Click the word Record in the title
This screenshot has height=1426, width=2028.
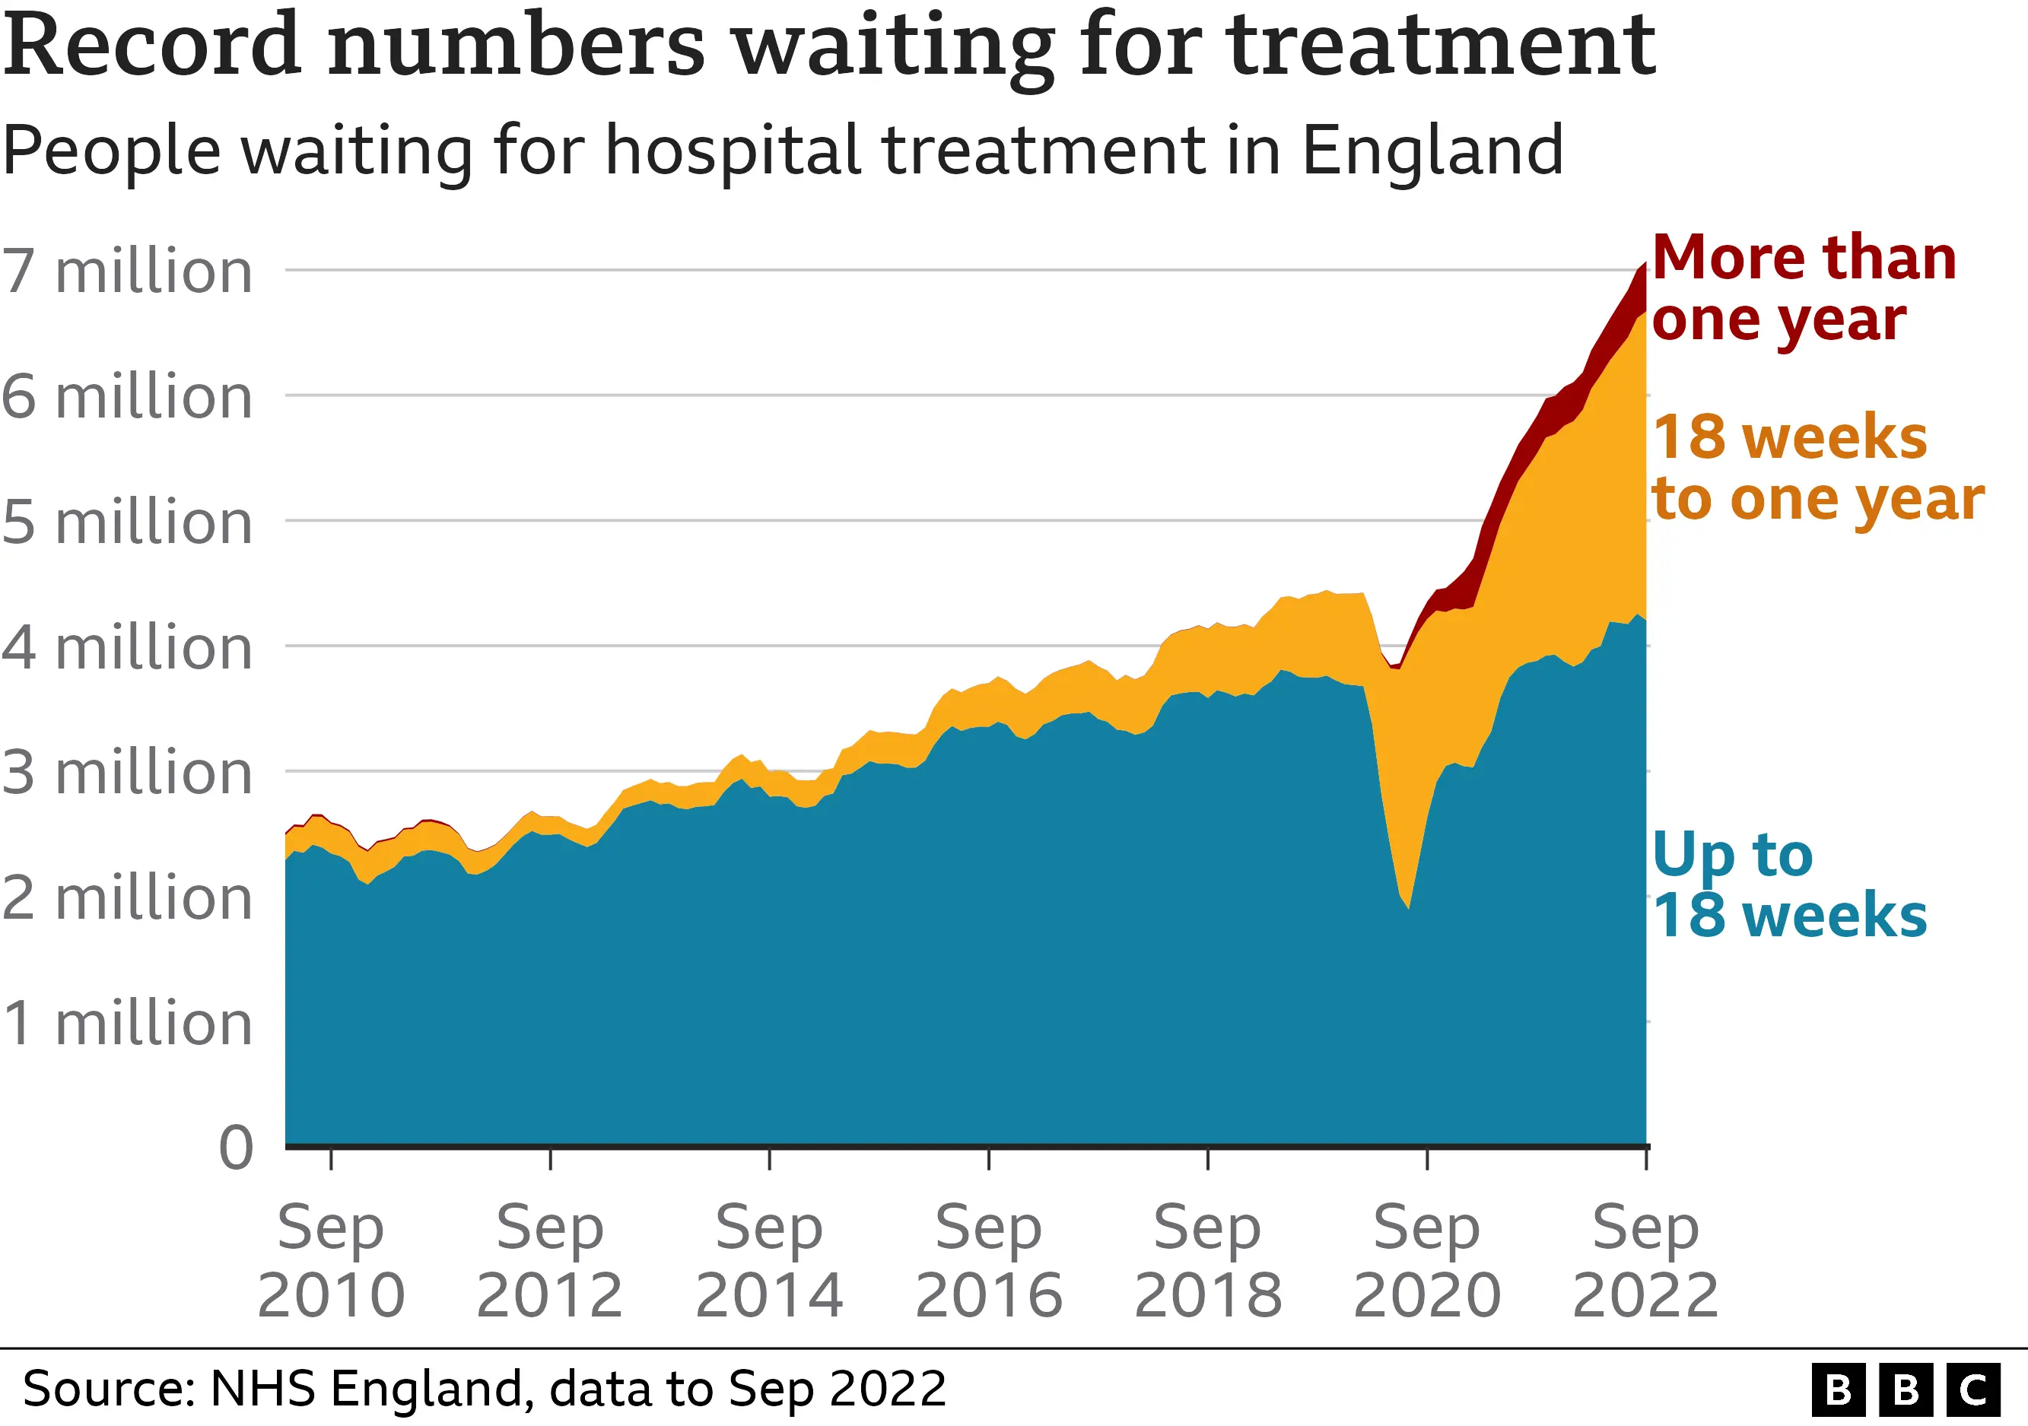(151, 46)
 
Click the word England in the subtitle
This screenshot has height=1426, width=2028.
(1432, 150)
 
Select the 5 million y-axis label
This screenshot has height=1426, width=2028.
(127, 522)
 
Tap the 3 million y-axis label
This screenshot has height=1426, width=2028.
(127, 773)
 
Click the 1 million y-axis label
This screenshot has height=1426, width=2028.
(127, 1024)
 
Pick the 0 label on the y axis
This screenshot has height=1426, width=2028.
(236, 1148)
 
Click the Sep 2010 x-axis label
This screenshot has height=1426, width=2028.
(330, 1261)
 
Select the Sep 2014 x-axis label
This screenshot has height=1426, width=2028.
(769, 1261)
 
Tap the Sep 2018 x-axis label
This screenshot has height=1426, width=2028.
(1207, 1261)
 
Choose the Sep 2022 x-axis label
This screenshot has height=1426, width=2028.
(1645, 1261)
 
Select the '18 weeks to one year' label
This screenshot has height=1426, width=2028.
(1815, 468)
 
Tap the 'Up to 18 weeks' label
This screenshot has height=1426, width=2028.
(1788, 885)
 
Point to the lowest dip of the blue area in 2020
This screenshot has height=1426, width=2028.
(1409, 906)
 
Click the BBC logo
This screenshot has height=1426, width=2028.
(1906, 1389)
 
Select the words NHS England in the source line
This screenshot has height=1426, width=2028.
(370, 1389)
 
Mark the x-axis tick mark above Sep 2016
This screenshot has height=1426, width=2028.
(988, 1159)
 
